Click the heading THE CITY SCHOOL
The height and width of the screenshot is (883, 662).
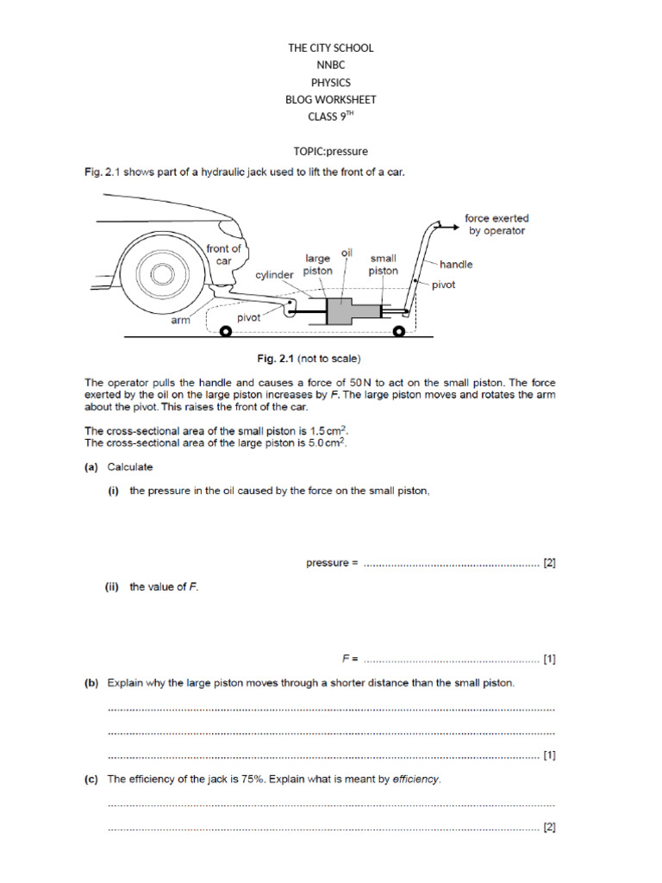(330, 48)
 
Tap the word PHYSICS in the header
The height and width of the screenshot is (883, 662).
(330, 83)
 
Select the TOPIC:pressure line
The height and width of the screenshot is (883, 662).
(330, 151)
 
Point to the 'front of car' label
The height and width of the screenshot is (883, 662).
(224, 254)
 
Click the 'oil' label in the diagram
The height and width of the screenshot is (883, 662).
(347, 253)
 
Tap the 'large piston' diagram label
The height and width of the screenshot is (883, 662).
(318, 264)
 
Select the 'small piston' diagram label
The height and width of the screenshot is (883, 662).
(384, 264)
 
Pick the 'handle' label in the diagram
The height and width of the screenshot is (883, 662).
(456, 264)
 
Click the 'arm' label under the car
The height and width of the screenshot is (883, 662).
(179, 320)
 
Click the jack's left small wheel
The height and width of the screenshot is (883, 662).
(226, 331)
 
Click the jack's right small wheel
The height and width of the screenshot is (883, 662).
(399, 331)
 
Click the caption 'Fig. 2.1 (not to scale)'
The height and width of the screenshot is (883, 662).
(330, 357)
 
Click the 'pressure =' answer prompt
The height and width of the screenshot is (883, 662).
(332, 563)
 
